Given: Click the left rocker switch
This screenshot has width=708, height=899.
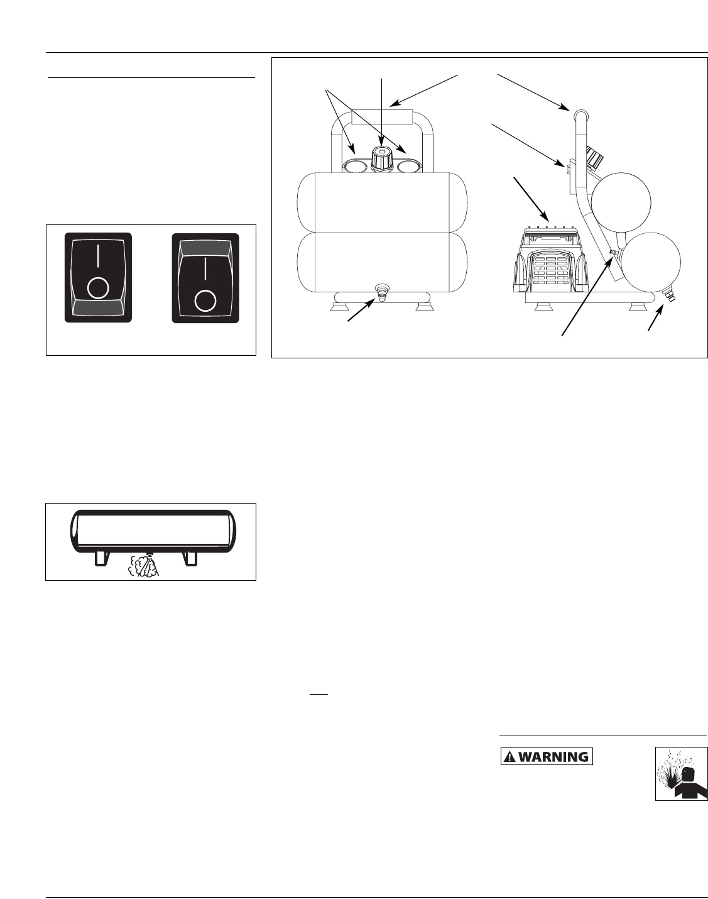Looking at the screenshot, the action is click(x=99, y=277).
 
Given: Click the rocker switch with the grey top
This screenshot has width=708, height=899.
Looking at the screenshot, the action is click(x=205, y=277).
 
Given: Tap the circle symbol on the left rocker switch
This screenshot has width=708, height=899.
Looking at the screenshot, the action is click(x=98, y=288).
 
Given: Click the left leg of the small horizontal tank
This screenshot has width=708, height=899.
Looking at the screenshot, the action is click(x=101, y=557).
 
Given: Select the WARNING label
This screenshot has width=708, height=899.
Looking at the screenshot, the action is click(x=546, y=756).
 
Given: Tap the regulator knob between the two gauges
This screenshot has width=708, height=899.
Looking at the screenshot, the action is click(x=381, y=159).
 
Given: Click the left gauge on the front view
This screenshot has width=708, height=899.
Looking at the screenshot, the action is click(x=356, y=166).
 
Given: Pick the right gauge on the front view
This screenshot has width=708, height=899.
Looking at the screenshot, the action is click(x=409, y=166).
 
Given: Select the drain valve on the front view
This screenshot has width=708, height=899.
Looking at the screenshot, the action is click(x=381, y=292).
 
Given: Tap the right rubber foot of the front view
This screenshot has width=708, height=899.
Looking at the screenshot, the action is click(x=423, y=307).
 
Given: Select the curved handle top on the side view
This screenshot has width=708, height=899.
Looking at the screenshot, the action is click(x=579, y=113).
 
